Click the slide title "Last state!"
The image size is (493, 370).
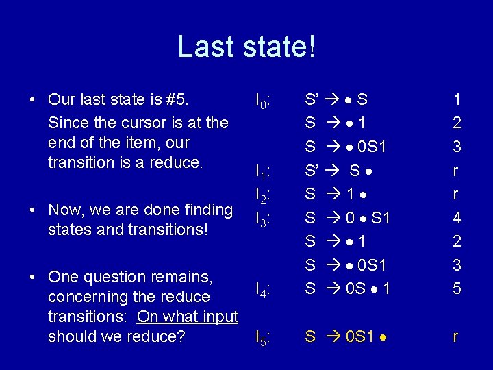(x=246, y=47)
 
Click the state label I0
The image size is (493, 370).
(x=264, y=101)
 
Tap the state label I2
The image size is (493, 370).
(x=264, y=195)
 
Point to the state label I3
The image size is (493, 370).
(x=264, y=219)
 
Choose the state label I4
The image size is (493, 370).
(x=264, y=292)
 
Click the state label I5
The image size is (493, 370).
(x=264, y=337)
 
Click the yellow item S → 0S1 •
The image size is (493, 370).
(x=348, y=336)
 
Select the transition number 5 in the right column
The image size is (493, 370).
(x=457, y=289)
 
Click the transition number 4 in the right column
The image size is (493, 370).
(x=457, y=218)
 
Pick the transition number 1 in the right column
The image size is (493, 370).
(x=457, y=99)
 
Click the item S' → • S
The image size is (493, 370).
(x=336, y=99)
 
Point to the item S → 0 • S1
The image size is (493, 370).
(x=347, y=218)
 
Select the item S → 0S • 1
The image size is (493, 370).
(x=347, y=289)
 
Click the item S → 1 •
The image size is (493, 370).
(x=338, y=194)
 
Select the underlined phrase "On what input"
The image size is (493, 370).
(x=188, y=317)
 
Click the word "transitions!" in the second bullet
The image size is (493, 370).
(x=169, y=229)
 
